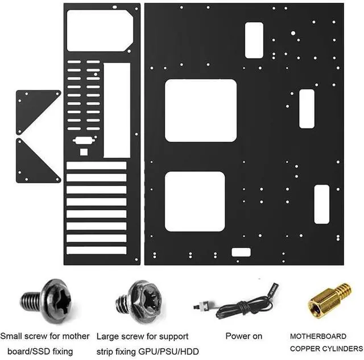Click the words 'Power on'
(x=243, y=336)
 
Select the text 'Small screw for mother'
(x=45, y=336)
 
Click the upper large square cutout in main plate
(x=200, y=110)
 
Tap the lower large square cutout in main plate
(x=195, y=201)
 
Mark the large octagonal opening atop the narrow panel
(x=100, y=30)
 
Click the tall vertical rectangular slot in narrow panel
(x=117, y=110)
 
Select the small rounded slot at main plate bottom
(x=241, y=253)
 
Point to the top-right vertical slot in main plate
(x=254, y=40)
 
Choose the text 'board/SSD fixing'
(x=40, y=351)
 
